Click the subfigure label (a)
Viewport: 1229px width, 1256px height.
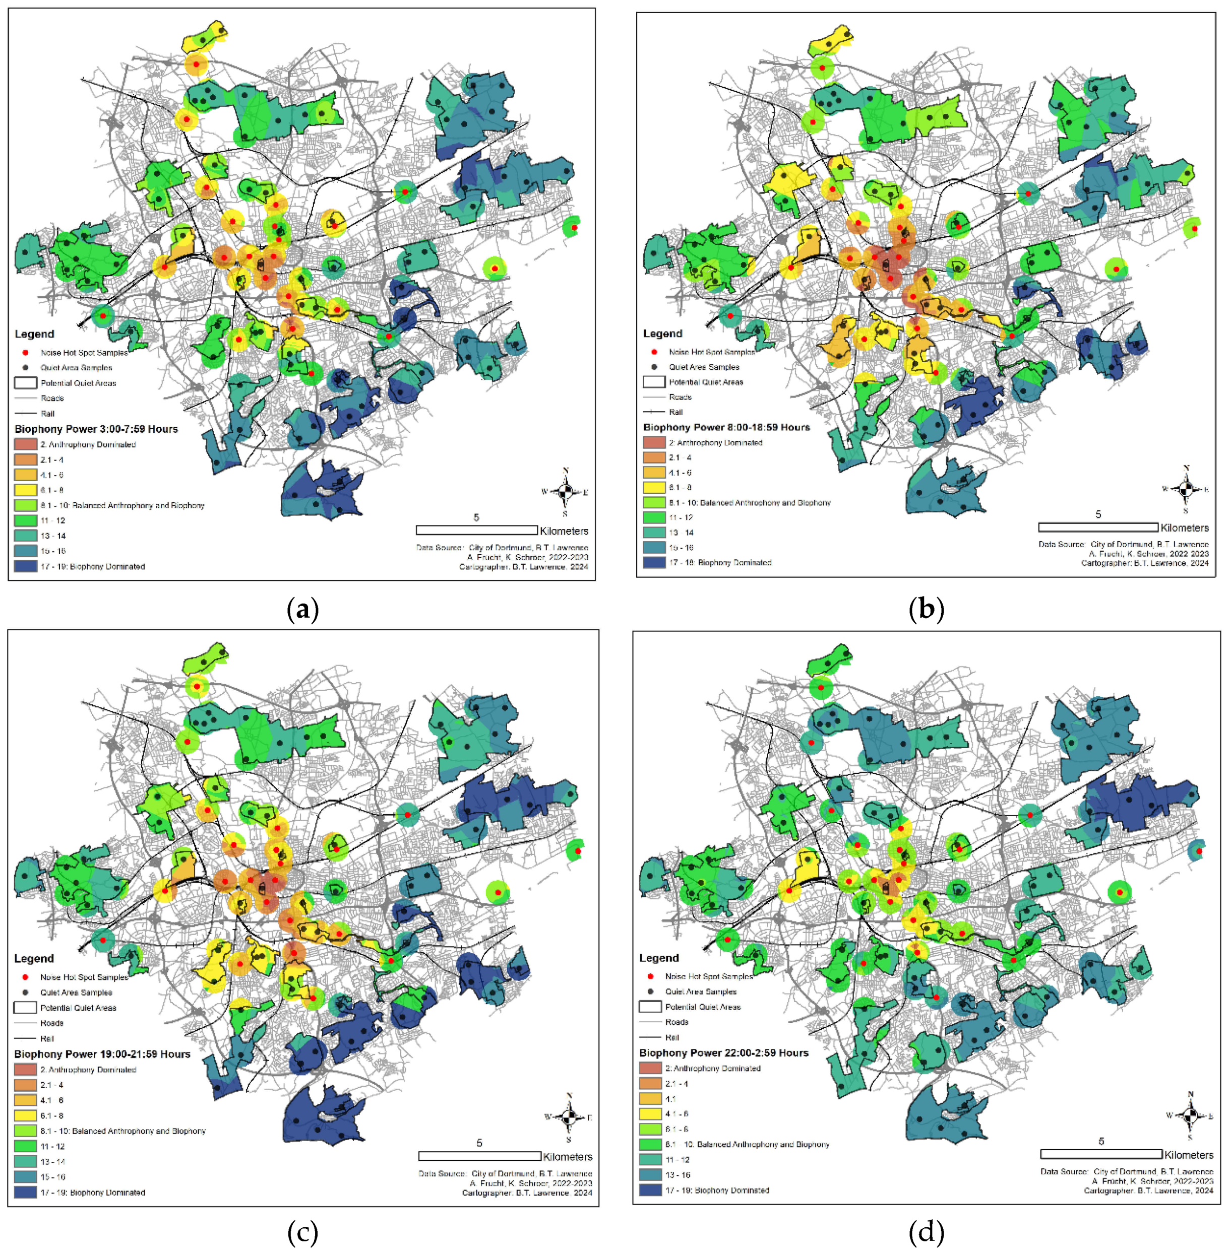(x=302, y=609)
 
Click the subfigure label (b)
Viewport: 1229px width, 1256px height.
(x=926, y=609)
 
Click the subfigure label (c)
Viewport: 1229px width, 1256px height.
(x=302, y=1233)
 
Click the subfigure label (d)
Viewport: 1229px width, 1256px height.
(x=926, y=1233)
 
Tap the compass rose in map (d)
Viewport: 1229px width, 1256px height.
(x=1190, y=1115)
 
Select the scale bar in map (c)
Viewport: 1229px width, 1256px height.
(x=479, y=1156)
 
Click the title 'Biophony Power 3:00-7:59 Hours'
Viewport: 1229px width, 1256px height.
(x=96, y=429)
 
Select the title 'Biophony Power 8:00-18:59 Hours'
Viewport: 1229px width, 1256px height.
(x=726, y=427)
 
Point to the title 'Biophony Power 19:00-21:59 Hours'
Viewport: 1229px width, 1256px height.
(x=102, y=1054)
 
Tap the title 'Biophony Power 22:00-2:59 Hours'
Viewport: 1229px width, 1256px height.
(x=723, y=1053)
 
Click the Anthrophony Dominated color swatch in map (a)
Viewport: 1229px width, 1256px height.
(x=25, y=444)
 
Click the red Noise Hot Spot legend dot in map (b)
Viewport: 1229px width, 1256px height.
(x=654, y=352)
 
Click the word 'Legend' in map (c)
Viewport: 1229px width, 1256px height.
(x=34, y=959)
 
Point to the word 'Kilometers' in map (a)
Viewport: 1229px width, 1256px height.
(x=564, y=531)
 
